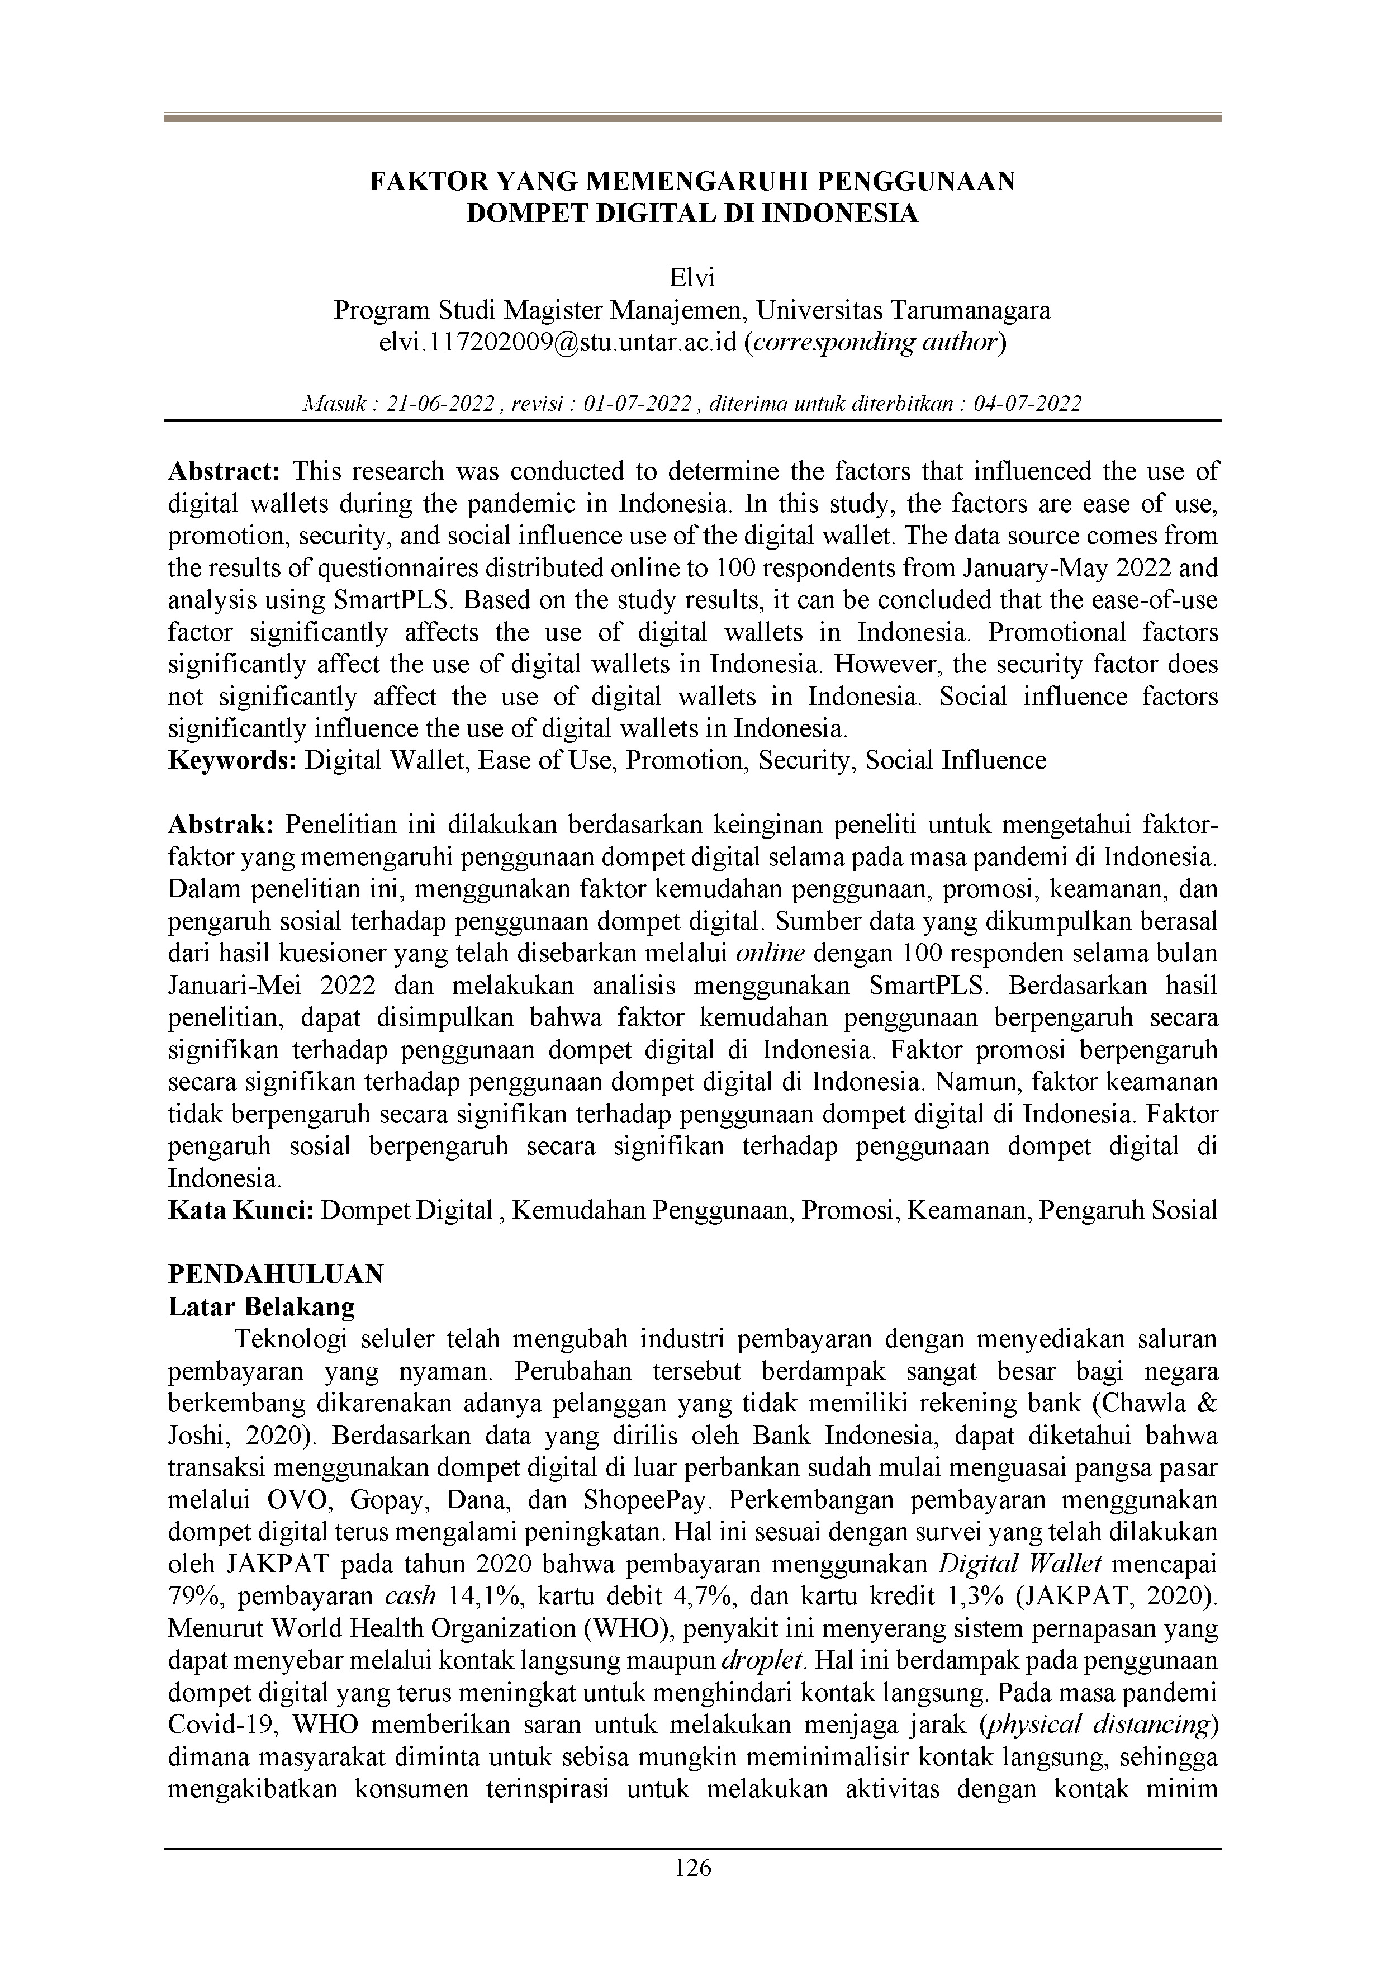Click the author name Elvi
tap(692, 278)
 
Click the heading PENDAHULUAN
tap(276, 1275)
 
